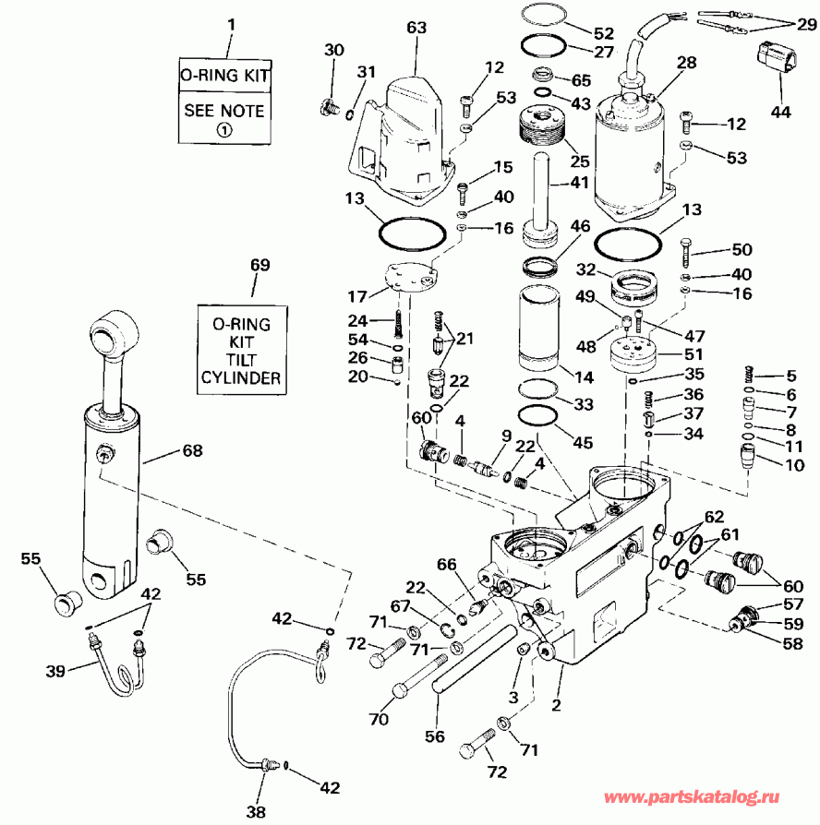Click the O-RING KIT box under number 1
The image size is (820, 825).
[x=225, y=75]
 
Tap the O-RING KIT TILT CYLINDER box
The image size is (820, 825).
[x=241, y=351]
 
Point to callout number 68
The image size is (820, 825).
[x=192, y=451]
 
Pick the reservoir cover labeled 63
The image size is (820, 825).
[x=406, y=138]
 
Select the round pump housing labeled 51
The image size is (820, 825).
[x=638, y=354]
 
